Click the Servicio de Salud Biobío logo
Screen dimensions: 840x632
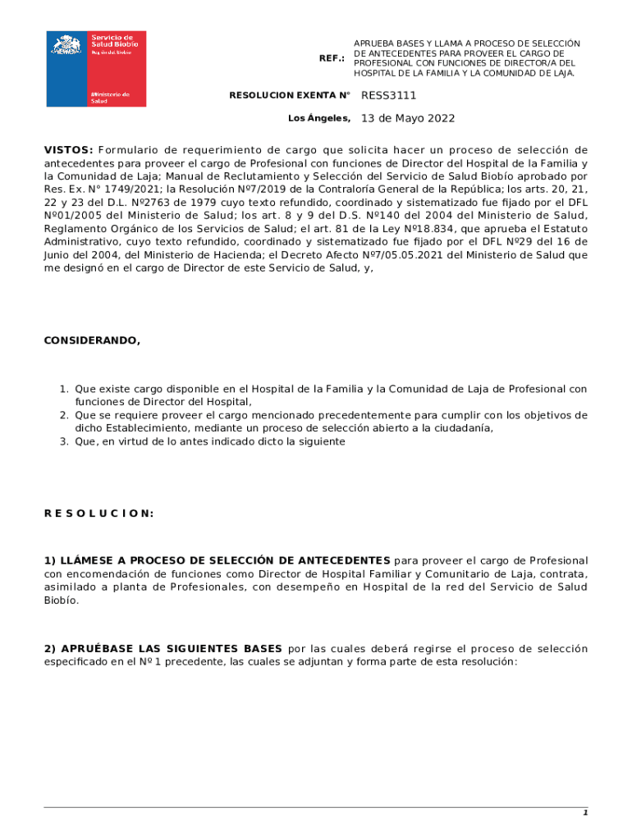click(x=96, y=69)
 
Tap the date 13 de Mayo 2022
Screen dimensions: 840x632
click(x=408, y=118)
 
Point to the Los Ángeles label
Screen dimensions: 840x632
click(x=319, y=119)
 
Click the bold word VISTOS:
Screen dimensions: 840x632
click(x=68, y=150)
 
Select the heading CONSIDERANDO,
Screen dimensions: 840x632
click(x=92, y=340)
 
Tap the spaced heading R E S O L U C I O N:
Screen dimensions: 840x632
click(x=98, y=514)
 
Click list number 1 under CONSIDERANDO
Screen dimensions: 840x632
click(x=63, y=390)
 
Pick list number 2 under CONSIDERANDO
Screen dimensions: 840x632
click(x=63, y=416)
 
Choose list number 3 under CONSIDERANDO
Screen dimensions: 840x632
click(x=63, y=442)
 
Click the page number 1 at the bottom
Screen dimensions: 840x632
click(x=585, y=813)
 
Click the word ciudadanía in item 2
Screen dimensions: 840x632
click(x=462, y=429)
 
